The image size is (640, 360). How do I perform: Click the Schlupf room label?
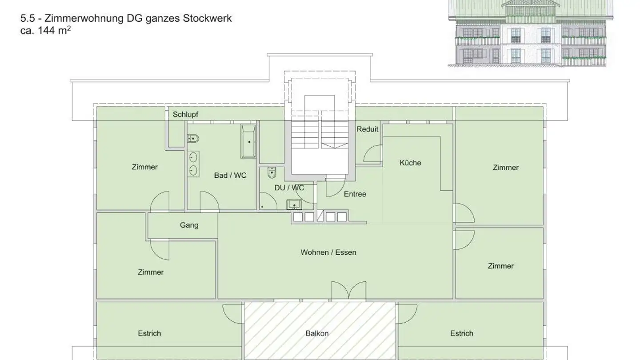[185, 114]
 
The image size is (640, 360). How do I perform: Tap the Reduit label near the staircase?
[368, 129]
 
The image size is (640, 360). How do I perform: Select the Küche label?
[410, 163]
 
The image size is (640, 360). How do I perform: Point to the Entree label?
[355, 194]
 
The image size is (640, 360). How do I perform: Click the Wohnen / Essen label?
[328, 252]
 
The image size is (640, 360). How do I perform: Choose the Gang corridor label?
[189, 225]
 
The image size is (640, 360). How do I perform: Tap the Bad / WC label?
[230, 175]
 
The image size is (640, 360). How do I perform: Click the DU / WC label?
[289, 188]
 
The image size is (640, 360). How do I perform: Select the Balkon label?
[317, 333]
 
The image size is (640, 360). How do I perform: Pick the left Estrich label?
[149, 333]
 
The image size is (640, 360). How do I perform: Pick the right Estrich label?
[461, 333]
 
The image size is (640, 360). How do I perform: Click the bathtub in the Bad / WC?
[248, 141]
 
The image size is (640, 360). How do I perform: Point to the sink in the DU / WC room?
[294, 204]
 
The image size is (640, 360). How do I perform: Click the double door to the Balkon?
[348, 292]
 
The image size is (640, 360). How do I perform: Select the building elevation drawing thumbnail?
[530, 33]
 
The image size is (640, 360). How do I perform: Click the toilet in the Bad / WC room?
[192, 139]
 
